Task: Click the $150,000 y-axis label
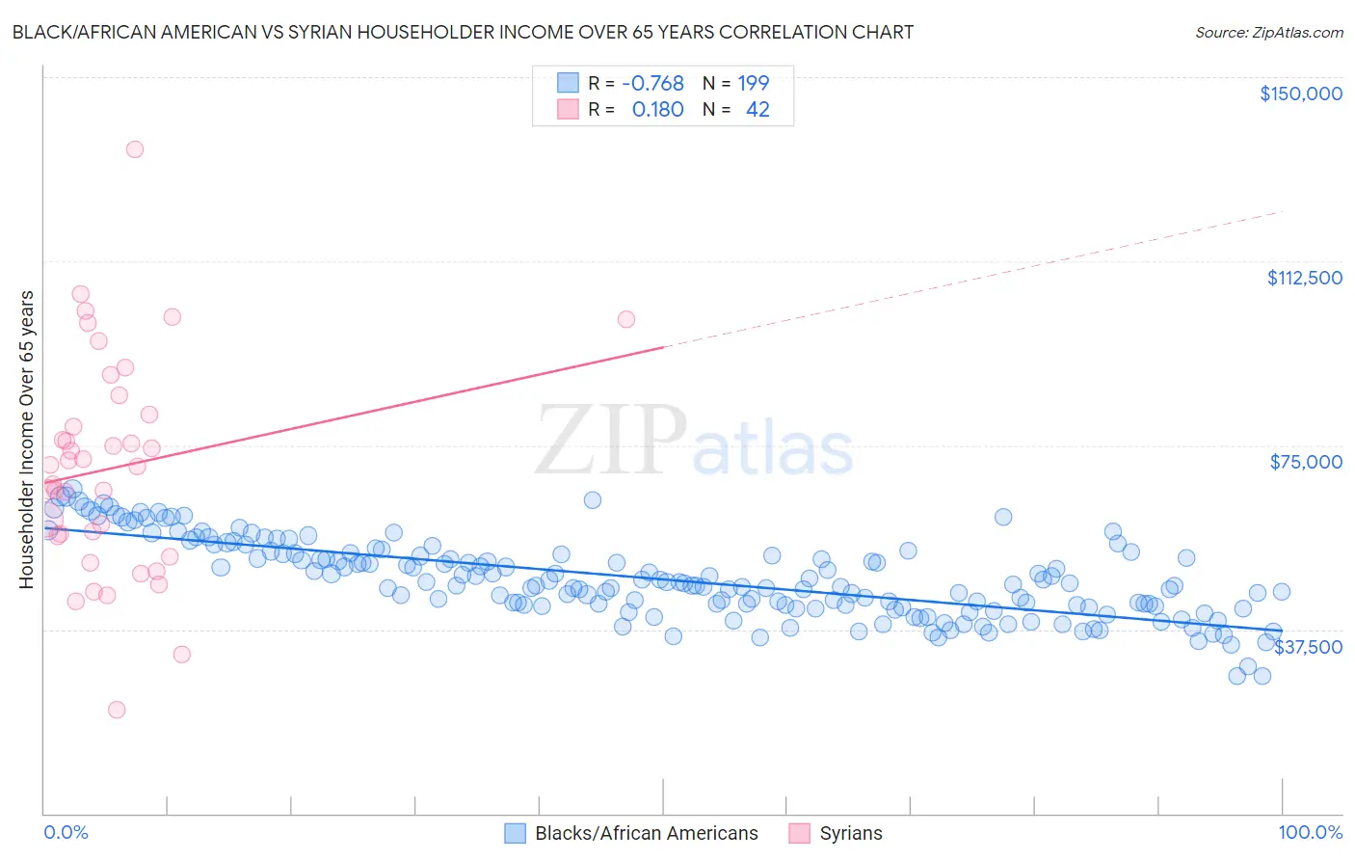1300,94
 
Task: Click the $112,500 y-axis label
1304,278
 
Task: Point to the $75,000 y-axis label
1306,462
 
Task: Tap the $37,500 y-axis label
1308,647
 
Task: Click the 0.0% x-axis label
66,832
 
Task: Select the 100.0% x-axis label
1310,832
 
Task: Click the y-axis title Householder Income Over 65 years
27,440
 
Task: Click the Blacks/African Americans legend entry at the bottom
646,833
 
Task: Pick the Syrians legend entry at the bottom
850,833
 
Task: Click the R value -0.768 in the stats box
652,83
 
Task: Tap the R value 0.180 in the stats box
657,110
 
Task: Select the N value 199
754,83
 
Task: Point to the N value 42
757,110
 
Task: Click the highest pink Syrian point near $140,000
135,149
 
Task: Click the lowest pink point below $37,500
117,710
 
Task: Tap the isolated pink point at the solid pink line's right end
626,319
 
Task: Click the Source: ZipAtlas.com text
1268,33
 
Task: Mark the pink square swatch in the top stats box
569,110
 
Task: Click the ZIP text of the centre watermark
611,441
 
